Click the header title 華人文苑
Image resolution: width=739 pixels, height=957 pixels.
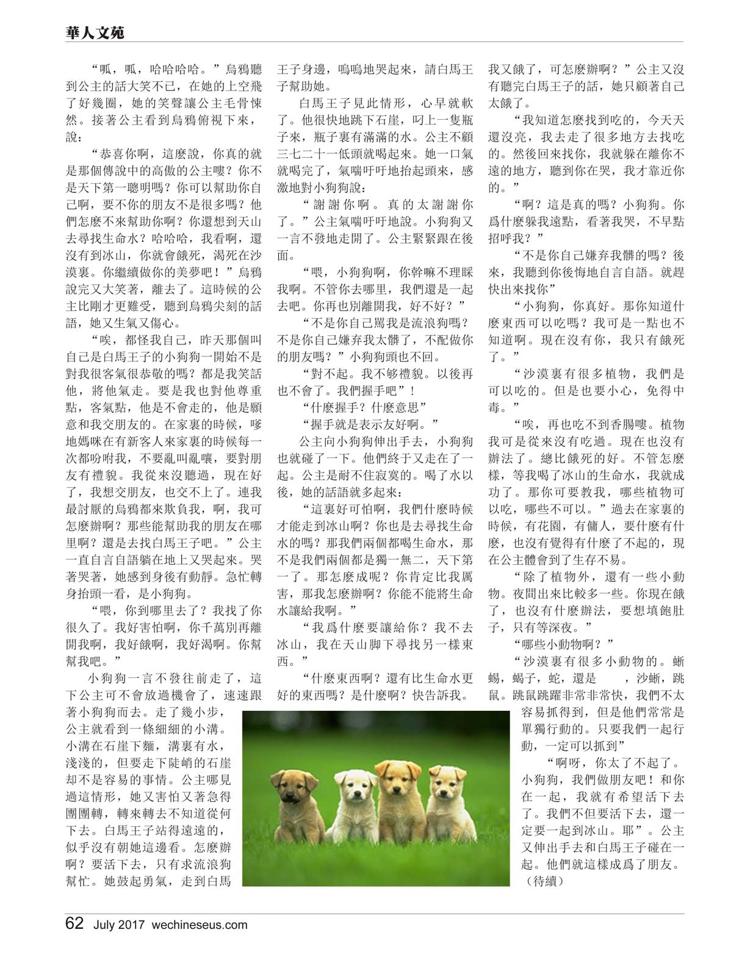(95, 32)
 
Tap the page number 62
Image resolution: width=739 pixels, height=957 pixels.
(74, 923)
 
